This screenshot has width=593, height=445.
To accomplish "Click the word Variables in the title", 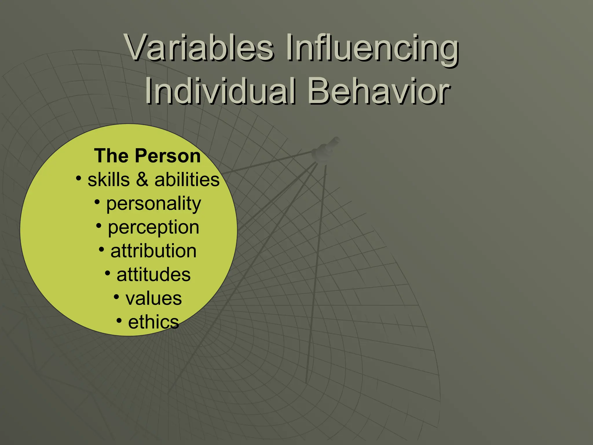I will tap(200, 48).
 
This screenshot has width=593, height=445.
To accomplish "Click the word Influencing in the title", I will tap(372, 49).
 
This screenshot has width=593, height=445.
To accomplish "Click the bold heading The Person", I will tap(147, 156).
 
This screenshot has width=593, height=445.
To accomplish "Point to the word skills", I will tap(109, 180).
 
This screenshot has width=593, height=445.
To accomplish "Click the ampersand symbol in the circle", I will tap(142, 180).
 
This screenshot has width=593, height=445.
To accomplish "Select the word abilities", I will tap(187, 180).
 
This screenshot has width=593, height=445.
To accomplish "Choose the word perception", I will tap(153, 228).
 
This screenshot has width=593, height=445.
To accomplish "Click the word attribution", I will tap(153, 251).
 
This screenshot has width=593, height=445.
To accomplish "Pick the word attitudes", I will tap(153, 275).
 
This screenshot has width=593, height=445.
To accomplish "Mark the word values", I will tap(153, 298).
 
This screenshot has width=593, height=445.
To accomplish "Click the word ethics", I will tap(153, 322).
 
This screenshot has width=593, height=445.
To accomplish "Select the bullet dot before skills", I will tap(78, 177).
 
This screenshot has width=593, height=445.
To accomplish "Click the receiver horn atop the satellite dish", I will tap(326, 148).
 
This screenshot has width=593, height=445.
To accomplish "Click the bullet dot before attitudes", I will tap(107, 273).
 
